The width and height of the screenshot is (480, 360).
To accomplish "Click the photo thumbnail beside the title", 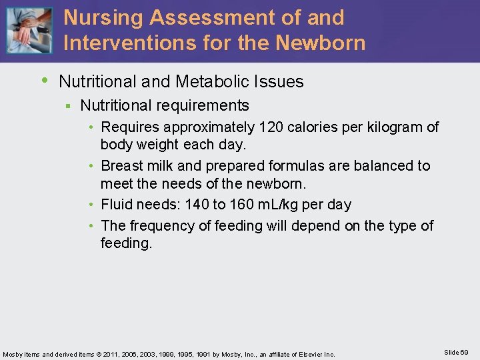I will pos(29,31).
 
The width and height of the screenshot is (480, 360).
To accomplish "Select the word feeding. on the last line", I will pos(127,243).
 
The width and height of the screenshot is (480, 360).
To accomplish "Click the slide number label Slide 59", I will pos(455,352).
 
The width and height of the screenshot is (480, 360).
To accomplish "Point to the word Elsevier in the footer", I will pos(312,354).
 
